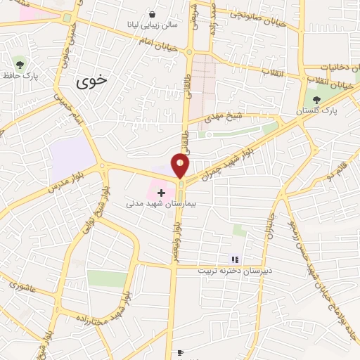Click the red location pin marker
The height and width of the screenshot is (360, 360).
point(181,165)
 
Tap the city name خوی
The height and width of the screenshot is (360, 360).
point(92,80)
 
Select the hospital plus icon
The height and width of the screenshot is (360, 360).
point(162,191)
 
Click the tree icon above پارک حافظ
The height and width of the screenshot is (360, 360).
point(19,65)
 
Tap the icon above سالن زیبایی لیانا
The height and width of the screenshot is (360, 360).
point(153,13)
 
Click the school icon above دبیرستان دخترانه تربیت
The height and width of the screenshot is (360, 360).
point(235,259)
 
